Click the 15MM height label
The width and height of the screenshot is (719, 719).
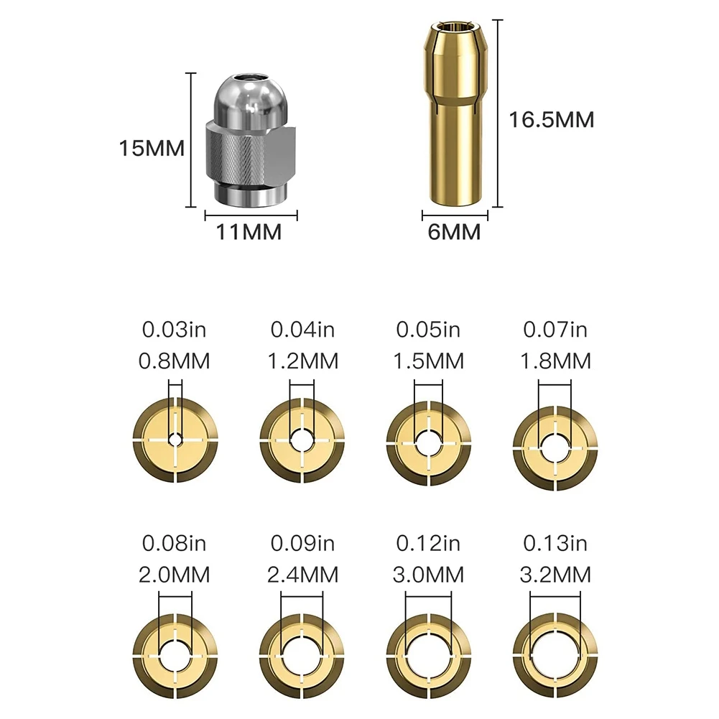pos(152,149)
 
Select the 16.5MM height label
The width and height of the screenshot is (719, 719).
pos(552,119)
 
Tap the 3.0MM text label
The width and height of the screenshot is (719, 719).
pos(429,575)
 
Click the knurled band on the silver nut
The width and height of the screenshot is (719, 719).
pos(244,154)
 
